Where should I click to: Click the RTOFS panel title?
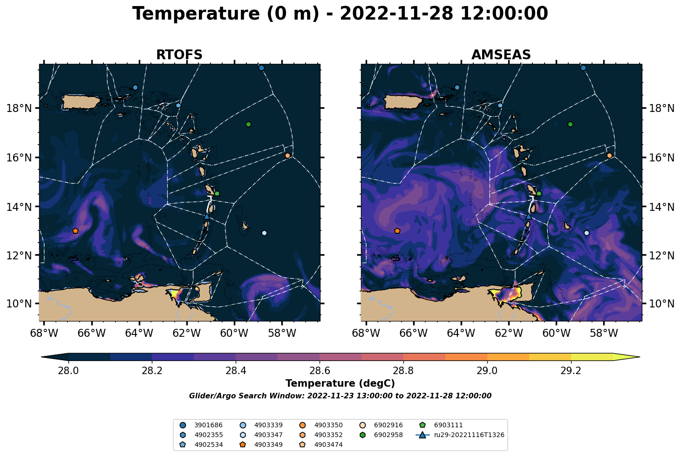pyautogui.click(x=179, y=55)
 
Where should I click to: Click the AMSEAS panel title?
pyautogui.click(x=501, y=55)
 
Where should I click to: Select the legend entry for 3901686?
pyautogui.click(x=201, y=425)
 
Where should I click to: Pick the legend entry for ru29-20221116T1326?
pyautogui.click(x=460, y=435)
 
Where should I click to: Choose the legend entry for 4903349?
pyautogui.click(x=261, y=445)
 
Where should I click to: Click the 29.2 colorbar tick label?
pyautogui.click(x=571, y=371)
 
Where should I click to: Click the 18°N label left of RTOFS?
pyautogui.click(x=19, y=108)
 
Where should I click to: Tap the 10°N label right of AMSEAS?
pyautogui.click(x=662, y=304)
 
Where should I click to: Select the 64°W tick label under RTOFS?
pyautogui.click(x=139, y=333)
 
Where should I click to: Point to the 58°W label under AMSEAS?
pyautogui.click(x=604, y=333)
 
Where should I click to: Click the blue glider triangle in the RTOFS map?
pyautogui.click(x=207, y=216)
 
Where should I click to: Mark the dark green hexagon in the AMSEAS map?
pyautogui.click(x=570, y=124)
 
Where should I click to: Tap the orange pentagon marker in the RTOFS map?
pyautogui.click(x=75, y=231)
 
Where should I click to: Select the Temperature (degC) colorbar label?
pyautogui.click(x=340, y=383)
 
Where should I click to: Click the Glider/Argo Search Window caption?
pyautogui.click(x=340, y=396)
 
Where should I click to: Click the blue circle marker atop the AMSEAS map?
pyautogui.click(x=583, y=68)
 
